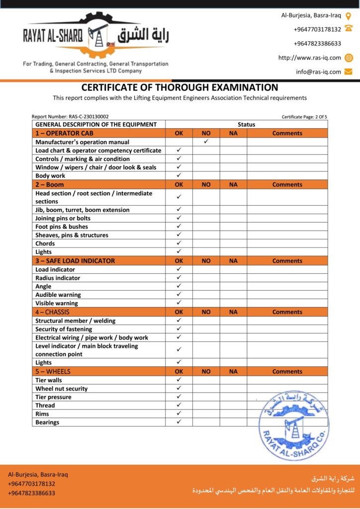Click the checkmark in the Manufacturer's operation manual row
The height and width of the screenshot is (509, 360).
(206, 142)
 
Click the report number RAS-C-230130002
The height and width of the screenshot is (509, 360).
(70, 117)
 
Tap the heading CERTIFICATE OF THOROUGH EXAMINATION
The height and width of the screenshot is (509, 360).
(180, 87)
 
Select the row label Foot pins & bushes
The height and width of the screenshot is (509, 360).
(62, 227)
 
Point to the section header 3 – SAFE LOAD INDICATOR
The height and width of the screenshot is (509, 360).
(75, 260)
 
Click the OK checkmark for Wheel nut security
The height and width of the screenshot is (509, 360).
(179, 388)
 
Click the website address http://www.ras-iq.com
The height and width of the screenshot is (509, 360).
(309, 58)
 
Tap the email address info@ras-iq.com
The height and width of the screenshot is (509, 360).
(318, 72)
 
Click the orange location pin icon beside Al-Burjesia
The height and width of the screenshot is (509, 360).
(349, 15)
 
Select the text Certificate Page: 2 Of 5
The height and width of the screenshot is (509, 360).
(304, 117)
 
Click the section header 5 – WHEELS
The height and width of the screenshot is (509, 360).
(53, 371)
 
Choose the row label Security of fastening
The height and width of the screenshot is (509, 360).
(64, 329)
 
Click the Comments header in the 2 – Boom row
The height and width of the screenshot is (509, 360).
(287, 184)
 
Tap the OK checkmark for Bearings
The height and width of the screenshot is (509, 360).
(179, 422)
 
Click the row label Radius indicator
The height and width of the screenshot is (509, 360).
(58, 278)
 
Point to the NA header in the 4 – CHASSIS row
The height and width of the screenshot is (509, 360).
(233, 312)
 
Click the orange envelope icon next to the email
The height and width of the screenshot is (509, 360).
(349, 72)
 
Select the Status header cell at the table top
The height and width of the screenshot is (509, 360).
(246, 124)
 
